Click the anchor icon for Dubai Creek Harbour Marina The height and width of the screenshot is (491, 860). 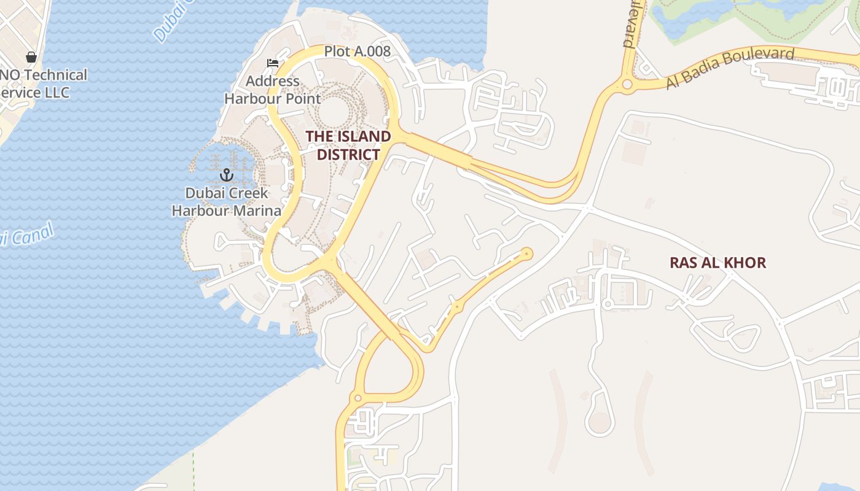(x=227, y=176)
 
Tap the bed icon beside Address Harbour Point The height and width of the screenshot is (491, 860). (x=273, y=63)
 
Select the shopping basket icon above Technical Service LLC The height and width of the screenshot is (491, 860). (x=31, y=57)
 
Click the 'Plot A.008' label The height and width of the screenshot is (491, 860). (x=357, y=52)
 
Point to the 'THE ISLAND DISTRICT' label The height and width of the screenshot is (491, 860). (x=348, y=145)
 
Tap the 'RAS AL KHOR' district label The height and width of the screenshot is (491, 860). (x=717, y=263)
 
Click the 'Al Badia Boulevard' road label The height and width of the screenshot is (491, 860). (x=730, y=68)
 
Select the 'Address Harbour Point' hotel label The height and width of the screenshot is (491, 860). (x=272, y=90)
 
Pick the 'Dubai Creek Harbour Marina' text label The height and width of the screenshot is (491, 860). (x=226, y=202)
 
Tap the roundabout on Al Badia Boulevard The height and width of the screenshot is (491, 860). (x=627, y=85)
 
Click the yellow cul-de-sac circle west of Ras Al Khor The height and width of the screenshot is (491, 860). (x=526, y=253)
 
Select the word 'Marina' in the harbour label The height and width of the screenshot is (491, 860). (x=254, y=211)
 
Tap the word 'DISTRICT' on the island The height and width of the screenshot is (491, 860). (x=348, y=154)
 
